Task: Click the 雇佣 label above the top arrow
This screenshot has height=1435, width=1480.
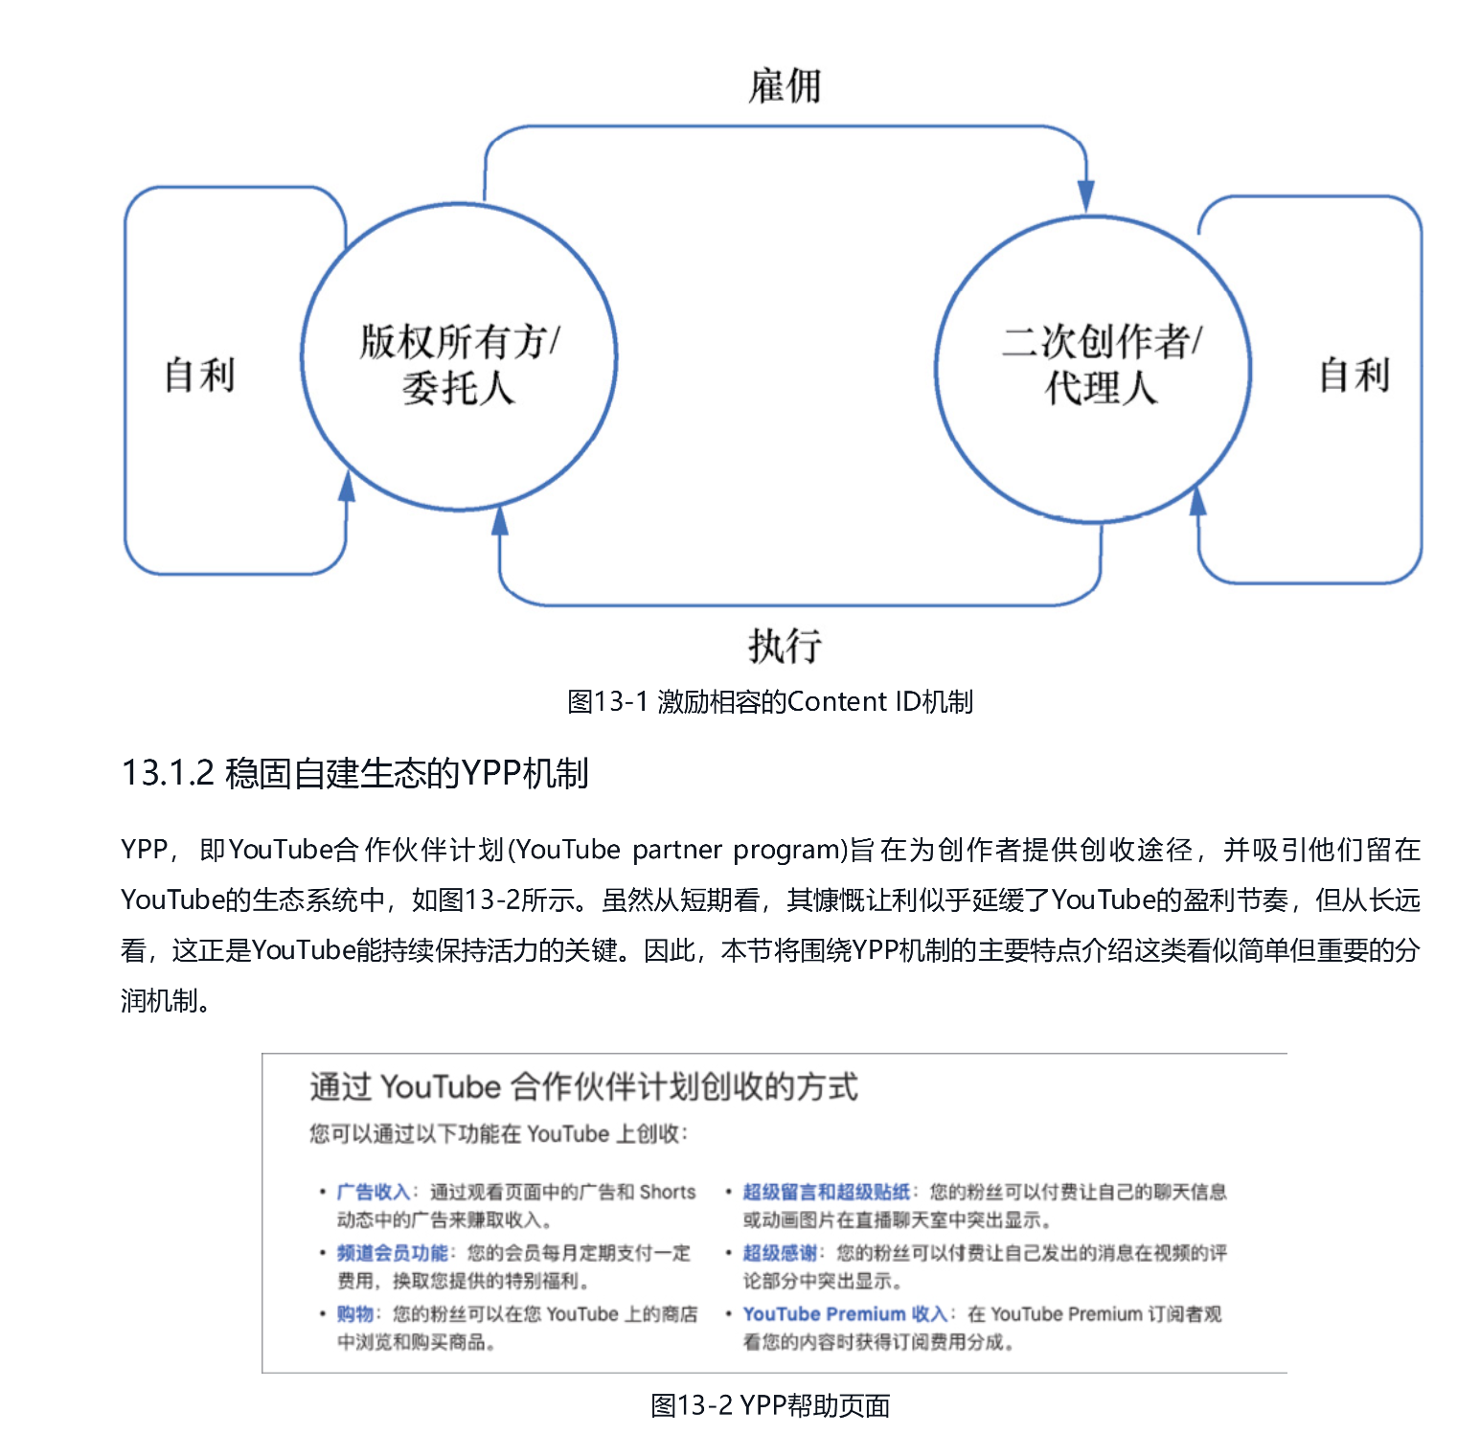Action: [785, 86]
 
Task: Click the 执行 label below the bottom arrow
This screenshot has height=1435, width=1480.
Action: [785, 646]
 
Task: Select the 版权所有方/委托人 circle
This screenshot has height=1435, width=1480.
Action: [459, 357]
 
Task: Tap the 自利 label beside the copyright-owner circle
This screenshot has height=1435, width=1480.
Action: [199, 375]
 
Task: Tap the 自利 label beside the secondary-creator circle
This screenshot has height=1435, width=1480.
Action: [1354, 375]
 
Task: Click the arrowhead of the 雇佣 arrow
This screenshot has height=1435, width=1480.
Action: [1085, 196]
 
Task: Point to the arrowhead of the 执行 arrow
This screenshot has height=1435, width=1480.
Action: [499, 520]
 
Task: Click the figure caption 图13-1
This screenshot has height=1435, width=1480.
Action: [770, 702]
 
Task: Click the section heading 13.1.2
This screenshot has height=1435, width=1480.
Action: [354, 773]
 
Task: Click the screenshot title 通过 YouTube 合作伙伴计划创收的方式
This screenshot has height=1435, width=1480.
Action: [583, 1087]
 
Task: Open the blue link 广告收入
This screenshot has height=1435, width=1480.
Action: [374, 1192]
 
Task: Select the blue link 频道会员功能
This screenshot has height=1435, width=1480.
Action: [392, 1253]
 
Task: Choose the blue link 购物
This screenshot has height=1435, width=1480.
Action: [354, 1314]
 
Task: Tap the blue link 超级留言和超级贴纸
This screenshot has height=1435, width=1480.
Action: [826, 1192]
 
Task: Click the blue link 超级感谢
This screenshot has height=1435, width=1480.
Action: [780, 1253]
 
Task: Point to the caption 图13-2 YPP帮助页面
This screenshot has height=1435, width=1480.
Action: [770, 1405]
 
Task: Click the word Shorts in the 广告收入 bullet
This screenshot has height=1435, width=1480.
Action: [668, 1192]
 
